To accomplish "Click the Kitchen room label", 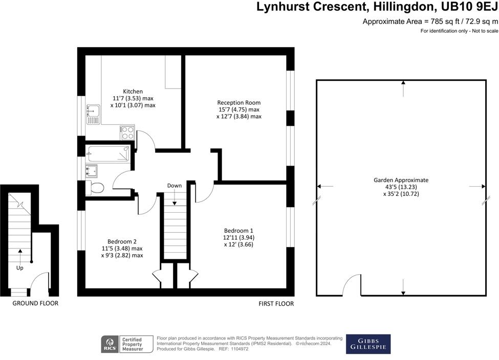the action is tap(133, 92).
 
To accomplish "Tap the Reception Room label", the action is tap(238, 102).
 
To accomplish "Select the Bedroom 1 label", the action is tap(238, 231).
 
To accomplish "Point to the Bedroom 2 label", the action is tap(122, 241).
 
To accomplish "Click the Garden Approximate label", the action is tap(401, 180).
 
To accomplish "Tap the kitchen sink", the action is tap(93, 114).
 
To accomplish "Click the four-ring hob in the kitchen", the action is tap(127, 132).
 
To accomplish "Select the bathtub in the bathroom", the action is tap(107, 152).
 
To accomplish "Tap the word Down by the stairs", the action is tap(175, 185).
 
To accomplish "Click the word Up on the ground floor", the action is tap(20, 267).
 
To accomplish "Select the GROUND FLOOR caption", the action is tap(35, 303).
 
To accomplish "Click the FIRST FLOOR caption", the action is tap(276, 304).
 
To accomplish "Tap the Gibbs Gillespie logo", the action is tap(368, 344).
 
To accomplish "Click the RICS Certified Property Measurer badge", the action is tap(127, 344).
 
